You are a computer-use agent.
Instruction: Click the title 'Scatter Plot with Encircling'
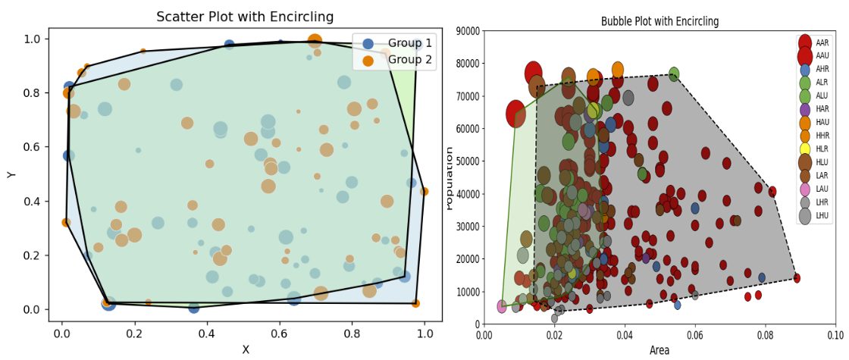(245, 17)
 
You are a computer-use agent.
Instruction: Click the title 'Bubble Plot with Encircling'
(659, 21)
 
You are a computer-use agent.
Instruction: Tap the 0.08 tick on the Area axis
(765, 333)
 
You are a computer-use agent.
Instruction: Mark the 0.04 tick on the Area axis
(624, 333)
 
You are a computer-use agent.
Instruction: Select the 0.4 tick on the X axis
(207, 333)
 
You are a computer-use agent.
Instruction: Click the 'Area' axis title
(659, 350)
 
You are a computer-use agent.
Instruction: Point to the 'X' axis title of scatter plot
(245, 349)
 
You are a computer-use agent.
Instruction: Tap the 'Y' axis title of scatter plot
(11, 174)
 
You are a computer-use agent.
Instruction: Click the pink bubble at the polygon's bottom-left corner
(502, 306)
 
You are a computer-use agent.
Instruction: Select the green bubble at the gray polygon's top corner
(674, 74)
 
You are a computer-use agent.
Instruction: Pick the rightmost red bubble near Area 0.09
(797, 278)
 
